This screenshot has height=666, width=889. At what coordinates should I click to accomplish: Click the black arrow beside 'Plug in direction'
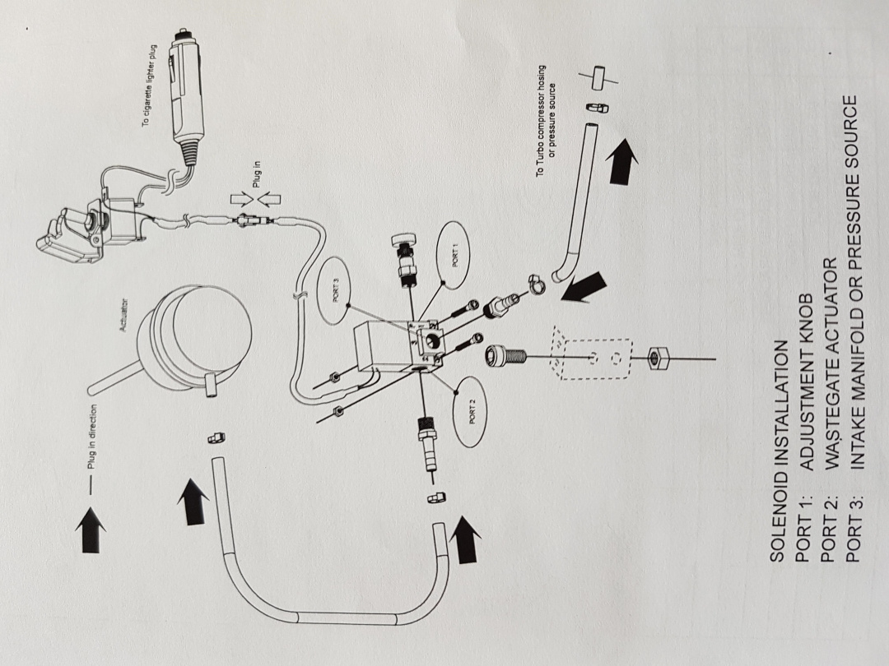[91, 530]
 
